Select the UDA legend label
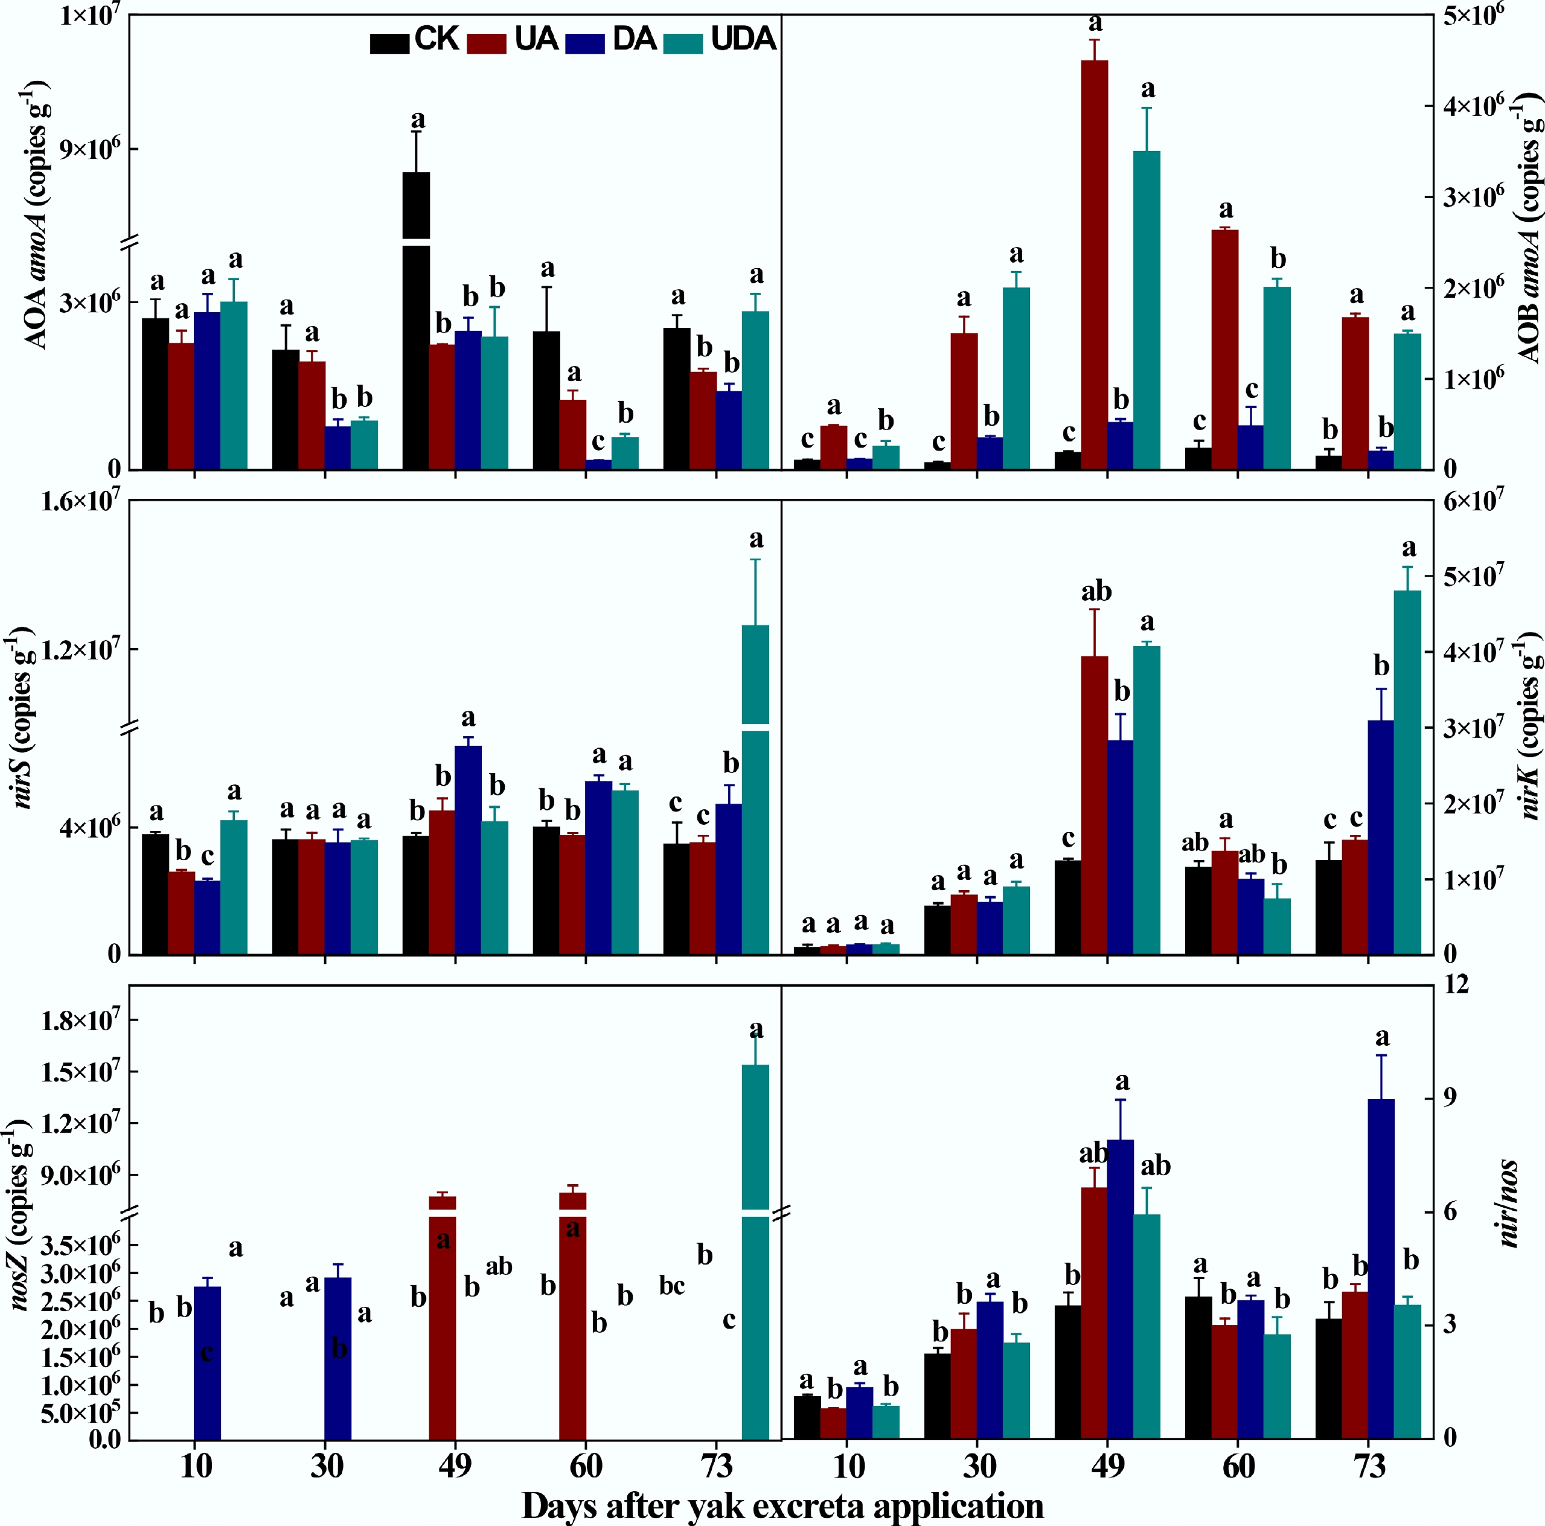pyautogui.click(x=743, y=39)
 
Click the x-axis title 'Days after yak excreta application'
pyautogui.click(x=782, y=1505)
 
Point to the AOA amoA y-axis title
pyautogui.click(x=37, y=216)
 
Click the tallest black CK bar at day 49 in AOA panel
pyautogui.click(x=416, y=320)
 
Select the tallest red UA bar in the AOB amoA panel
pyautogui.click(x=1094, y=264)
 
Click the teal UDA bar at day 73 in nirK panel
pyautogui.click(x=1407, y=772)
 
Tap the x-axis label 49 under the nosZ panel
pyautogui.click(x=455, y=1465)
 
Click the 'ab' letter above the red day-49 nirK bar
pyautogui.click(x=1096, y=592)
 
